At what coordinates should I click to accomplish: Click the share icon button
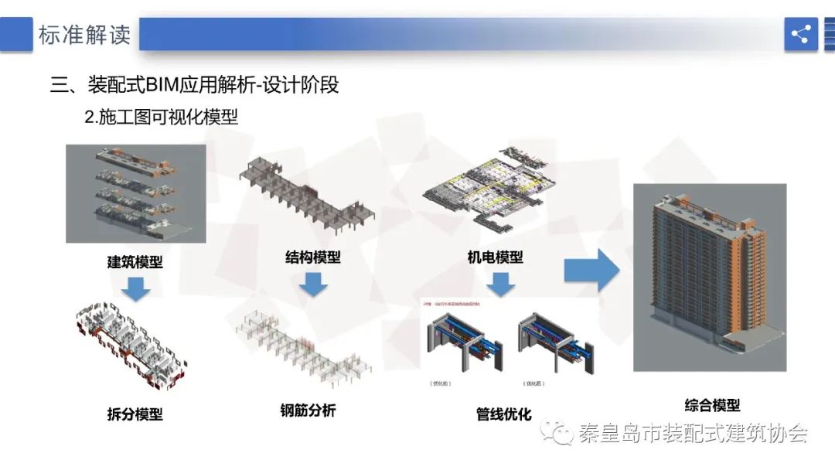(x=800, y=34)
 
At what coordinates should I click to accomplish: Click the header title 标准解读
(x=84, y=35)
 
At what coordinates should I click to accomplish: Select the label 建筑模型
(x=135, y=261)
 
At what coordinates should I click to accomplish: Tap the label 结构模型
(x=312, y=257)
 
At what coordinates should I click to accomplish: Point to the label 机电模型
(x=495, y=257)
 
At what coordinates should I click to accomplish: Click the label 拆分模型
(x=135, y=414)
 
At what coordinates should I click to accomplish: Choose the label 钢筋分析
(x=308, y=410)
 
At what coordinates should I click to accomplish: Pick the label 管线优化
(x=503, y=414)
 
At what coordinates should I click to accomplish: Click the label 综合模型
(x=712, y=405)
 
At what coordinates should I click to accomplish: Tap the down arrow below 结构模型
(x=313, y=284)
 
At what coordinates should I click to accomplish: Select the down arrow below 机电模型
(x=500, y=284)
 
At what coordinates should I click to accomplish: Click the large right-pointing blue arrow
(x=591, y=270)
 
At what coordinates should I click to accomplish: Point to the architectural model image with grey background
(x=135, y=193)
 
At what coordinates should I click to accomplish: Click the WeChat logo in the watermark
(x=557, y=433)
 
